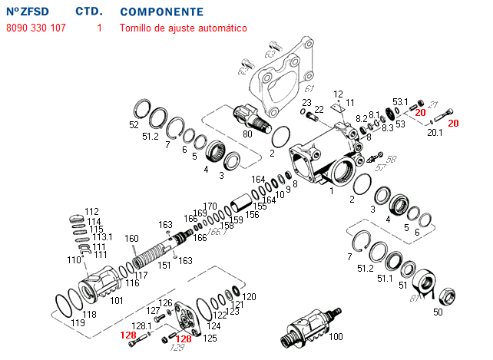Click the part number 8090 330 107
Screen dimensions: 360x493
[36, 28]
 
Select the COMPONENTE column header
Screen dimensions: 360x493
[162, 12]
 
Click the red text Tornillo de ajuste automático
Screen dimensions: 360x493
[183, 28]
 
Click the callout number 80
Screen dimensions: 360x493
[247, 134]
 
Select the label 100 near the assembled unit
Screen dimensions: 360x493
[336, 337]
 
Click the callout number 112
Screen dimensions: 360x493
[92, 211]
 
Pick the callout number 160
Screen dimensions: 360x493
[131, 238]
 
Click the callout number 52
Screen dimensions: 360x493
[134, 124]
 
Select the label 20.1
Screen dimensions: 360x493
[435, 133]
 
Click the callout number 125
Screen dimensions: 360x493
[210, 338]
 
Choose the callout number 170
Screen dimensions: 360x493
[210, 206]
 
